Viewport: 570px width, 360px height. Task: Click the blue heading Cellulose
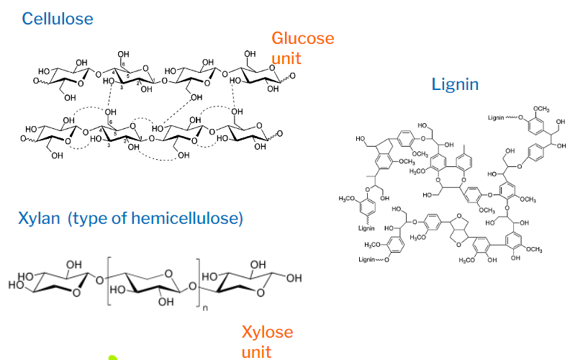[x=57, y=18]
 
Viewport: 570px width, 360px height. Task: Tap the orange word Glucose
[x=302, y=38]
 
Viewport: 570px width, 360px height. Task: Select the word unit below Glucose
[x=286, y=58]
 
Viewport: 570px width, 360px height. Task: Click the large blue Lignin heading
[x=455, y=85]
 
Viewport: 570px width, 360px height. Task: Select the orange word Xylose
[x=267, y=332]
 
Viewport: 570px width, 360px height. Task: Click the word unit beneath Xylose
[x=256, y=351]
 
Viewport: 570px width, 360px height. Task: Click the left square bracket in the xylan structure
[x=109, y=281]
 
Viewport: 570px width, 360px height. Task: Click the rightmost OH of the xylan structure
[x=292, y=279]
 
